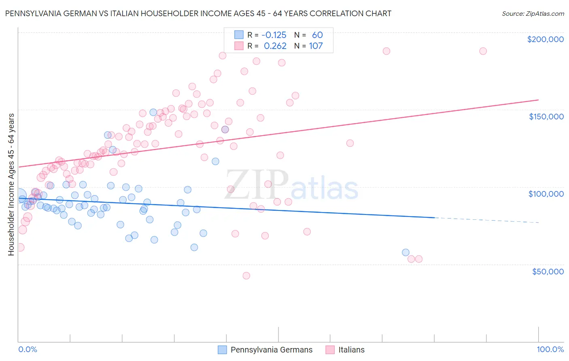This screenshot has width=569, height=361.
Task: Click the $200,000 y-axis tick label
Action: [x=545, y=39]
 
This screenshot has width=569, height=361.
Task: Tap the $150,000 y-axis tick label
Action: [x=546, y=117]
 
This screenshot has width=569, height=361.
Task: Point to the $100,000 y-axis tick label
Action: [x=546, y=194]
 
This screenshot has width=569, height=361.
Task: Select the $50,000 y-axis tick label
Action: [x=548, y=271]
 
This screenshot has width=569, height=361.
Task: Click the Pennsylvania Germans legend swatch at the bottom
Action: [x=222, y=350]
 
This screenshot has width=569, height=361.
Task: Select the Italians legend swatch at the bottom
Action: [x=330, y=350]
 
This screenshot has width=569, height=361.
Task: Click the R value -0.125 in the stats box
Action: [x=274, y=35]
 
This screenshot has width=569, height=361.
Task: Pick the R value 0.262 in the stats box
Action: [x=275, y=46]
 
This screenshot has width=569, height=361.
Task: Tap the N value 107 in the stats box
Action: [x=316, y=46]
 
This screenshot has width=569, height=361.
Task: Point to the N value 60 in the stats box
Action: [x=317, y=35]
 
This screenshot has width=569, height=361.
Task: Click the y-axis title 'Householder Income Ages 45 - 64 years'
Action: [x=11, y=185]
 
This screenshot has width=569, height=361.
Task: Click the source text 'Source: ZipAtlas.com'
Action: [x=533, y=14]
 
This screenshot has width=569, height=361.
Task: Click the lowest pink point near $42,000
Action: [x=246, y=276]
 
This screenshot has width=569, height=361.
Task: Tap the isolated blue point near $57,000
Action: [x=406, y=253]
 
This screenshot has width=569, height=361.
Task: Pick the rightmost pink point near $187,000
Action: [x=483, y=51]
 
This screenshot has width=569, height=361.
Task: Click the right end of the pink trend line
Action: [x=538, y=100]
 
